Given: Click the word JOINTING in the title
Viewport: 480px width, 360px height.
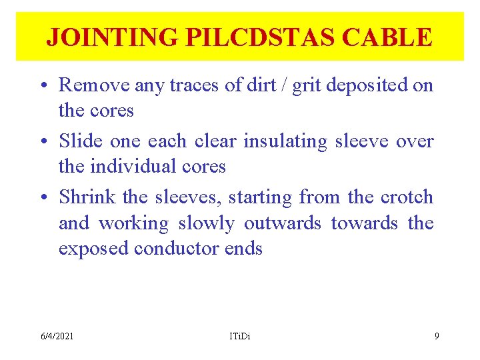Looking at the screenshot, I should pos(111,37).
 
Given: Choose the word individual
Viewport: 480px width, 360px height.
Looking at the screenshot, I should pos(131,166).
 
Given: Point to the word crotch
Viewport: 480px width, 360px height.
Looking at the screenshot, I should pos(406,197).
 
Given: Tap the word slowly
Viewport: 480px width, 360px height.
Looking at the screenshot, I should pos(207,223).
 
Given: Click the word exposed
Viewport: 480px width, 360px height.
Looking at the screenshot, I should pos(93,249).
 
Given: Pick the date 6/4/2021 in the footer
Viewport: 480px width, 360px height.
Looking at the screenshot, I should pos(57,336).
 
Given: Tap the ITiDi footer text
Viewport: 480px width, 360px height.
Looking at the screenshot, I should pos(238,336).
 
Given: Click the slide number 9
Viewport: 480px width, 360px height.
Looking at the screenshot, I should pos(437,336).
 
